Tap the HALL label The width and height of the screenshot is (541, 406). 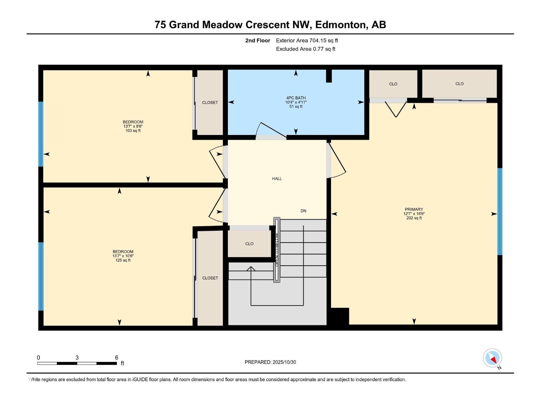click(277, 179)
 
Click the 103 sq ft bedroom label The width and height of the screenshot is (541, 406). click(133, 126)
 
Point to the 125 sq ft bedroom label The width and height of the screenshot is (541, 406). click(123, 256)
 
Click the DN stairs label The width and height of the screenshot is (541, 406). click(303, 211)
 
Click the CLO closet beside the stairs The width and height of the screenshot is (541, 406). click(249, 244)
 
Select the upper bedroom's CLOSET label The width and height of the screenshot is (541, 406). click(210, 103)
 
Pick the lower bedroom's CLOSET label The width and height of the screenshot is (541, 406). click(210, 278)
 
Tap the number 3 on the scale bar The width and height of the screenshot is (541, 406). click(77, 358)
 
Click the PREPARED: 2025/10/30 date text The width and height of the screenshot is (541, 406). click(270, 362)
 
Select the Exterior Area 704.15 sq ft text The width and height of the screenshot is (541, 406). click(307, 41)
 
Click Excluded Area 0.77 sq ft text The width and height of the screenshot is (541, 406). click(305, 49)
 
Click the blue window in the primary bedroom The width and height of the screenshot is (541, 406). click(499, 211)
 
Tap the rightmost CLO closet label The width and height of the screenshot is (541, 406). click(459, 84)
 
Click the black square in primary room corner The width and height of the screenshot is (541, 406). click(339, 316)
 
